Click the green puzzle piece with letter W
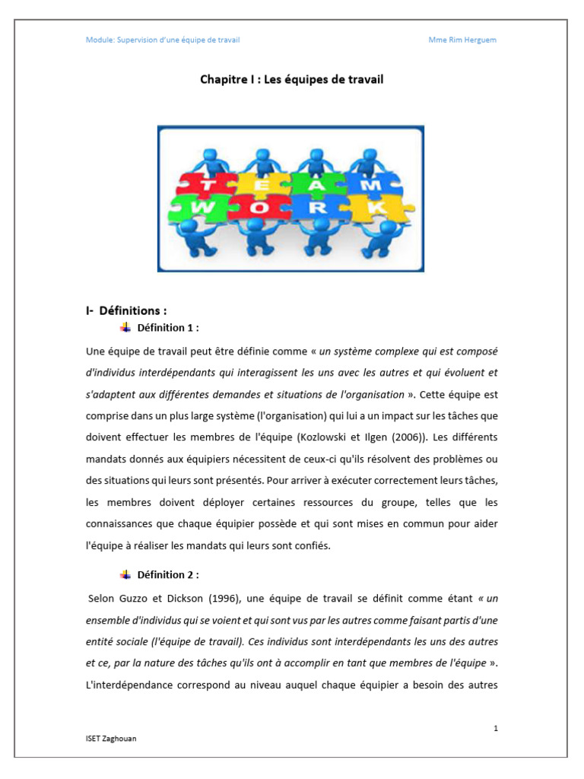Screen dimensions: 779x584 point(201,208)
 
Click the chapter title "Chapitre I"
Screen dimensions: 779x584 point(228,79)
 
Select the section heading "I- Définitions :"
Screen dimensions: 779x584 point(125,311)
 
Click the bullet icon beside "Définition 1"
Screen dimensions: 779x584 point(125,327)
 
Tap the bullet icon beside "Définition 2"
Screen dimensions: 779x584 point(125,574)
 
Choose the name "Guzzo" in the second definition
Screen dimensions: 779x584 point(134,597)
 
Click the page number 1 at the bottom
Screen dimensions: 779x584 point(496,729)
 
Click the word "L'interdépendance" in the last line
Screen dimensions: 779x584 point(132,685)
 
